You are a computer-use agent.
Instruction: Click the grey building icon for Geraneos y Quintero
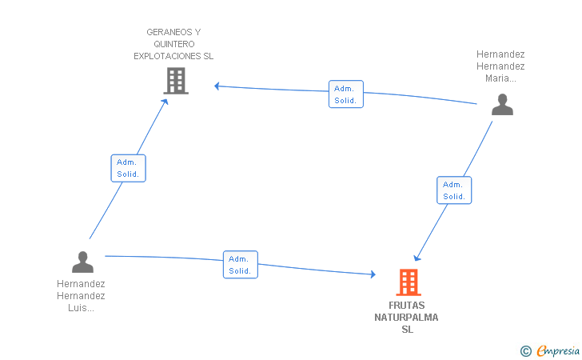pyautogui.click(x=176, y=81)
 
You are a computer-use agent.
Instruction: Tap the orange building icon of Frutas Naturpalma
pyautogui.click(x=409, y=282)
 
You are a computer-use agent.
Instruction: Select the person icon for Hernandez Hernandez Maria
pyautogui.click(x=502, y=104)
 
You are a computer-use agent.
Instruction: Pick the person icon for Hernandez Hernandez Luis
pyautogui.click(x=82, y=262)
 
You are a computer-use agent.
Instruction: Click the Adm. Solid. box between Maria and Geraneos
pyautogui.click(x=346, y=94)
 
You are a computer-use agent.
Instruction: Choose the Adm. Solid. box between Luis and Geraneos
pyautogui.click(x=129, y=168)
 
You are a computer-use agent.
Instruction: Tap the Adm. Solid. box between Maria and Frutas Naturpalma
pyautogui.click(x=454, y=190)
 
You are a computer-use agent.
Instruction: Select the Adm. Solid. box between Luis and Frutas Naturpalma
pyautogui.click(x=241, y=265)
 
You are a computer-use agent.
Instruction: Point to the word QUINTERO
pyautogui.click(x=174, y=44)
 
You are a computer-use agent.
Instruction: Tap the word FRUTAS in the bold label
pyautogui.click(x=406, y=306)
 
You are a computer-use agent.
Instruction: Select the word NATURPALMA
pyautogui.click(x=406, y=318)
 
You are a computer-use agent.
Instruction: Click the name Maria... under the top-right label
pyautogui.click(x=500, y=78)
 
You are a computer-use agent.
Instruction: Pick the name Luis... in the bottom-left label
pyautogui.click(x=81, y=308)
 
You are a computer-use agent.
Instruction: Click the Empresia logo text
pyautogui.click(x=558, y=350)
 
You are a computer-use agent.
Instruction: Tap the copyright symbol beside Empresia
pyautogui.click(x=526, y=351)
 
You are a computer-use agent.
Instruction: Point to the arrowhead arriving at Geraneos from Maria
pyautogui.click(x=217, y=86)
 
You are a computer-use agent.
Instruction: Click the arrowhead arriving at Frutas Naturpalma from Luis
pyautogui.click(x=373, y=274)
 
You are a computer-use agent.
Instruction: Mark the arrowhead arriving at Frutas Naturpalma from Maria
pyautogui.click(x=417, y=258)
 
